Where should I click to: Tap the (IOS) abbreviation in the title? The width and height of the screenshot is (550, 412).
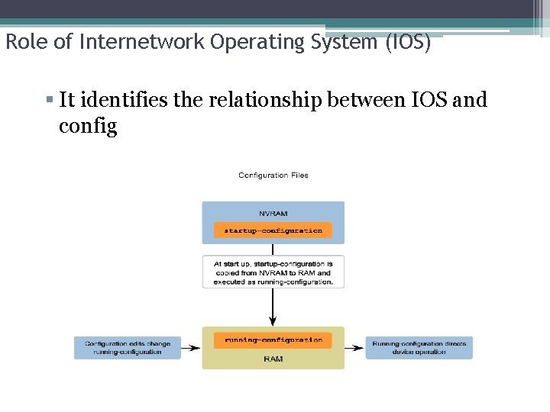(409, 42)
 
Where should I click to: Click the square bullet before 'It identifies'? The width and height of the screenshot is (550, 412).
(49, 100)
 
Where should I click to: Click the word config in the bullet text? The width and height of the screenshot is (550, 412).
(88, 126)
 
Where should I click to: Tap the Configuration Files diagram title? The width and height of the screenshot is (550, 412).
(273, 175)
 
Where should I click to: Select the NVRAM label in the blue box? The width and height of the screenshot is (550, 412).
(273, 214)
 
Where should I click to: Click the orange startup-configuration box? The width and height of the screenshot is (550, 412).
(273, 230)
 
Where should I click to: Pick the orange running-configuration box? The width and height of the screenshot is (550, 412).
(273, 340)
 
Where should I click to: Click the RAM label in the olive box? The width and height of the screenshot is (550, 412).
(273, 359)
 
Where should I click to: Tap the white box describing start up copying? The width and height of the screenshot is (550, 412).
(273, 272)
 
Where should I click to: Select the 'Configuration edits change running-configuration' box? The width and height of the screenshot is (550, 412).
(128, 348)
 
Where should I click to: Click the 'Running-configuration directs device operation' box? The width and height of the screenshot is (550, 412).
(419, 348)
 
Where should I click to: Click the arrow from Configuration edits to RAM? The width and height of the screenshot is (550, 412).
(191, 348)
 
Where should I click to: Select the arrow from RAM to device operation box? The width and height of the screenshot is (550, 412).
(354, 348)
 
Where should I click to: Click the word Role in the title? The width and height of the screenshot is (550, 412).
(21, 42)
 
